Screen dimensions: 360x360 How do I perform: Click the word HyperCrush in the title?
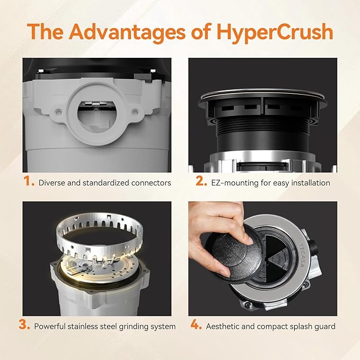pyautogui.click(x=275, y=32)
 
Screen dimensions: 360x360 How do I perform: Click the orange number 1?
pyautogui.click(x=29, y=181)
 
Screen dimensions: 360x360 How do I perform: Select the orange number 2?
pyautogui.click(x=201, y=181)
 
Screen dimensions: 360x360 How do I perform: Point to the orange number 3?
pyautogui.click(x=24, y=324)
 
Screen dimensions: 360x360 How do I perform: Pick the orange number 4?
pyautogui.click(x=196, y=324)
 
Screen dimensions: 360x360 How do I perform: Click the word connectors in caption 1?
pyautogui.click(x=151, y=183)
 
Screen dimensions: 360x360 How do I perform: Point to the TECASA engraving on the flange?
pyautogui.click(x=303, y=254)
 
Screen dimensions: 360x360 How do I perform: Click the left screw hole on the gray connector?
pyautogui.click(x=58, y=112)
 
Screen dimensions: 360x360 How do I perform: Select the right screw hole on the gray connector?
pyautogui.click(x=135, y=112)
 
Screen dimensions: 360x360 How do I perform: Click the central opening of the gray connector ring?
pyautogui.click(x=96, y=114)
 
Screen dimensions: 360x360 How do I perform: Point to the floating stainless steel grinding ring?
pyautogui.click(x=100, y=236)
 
